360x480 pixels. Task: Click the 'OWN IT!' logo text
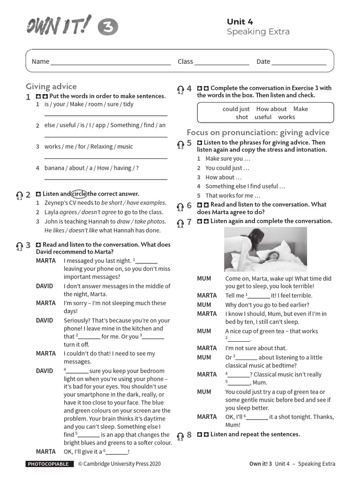coord(59,25)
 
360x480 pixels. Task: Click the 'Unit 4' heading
coord(240,21)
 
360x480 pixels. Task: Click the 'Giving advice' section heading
coord(51,86)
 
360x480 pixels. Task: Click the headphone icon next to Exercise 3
coord(19,245)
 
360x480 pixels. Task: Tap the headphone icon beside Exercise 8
coord(180,435)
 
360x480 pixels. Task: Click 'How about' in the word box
coord(271,109)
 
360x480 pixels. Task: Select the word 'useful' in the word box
coord(263,117)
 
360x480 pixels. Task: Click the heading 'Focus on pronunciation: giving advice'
coord(258,132)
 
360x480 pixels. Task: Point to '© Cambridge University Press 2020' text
coord(119,464)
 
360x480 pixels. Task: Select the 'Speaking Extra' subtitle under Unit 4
coord(258,32)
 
